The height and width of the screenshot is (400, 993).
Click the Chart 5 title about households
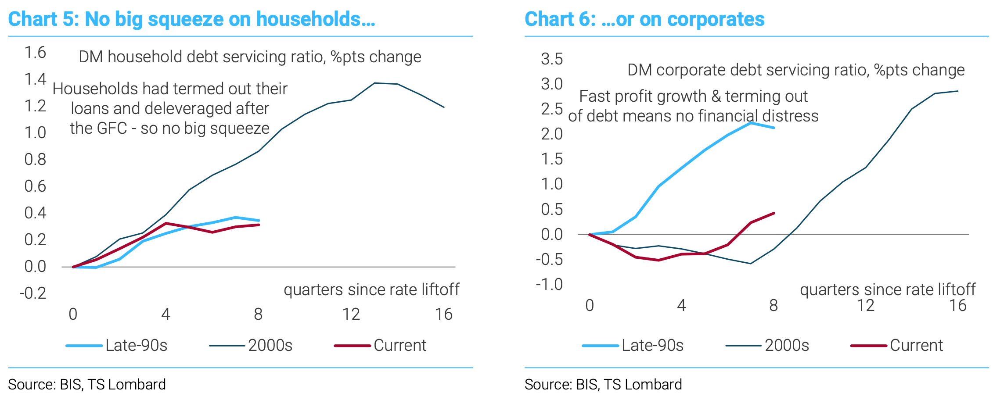point(191,19)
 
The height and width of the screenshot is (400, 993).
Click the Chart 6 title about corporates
point(644,19)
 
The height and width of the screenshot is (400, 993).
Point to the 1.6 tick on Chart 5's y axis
point(35,53)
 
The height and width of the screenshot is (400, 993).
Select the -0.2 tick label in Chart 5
point(33,293)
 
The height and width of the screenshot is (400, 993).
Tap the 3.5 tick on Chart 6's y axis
point(552,59)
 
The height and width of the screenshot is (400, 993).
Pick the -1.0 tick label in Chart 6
point(549,285)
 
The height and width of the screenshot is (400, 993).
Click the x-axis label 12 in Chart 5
point(351,314)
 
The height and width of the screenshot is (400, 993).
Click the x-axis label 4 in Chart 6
point(681,305)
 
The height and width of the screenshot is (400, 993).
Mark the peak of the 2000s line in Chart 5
point(374,83)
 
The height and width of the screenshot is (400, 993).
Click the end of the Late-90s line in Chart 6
point(774,128)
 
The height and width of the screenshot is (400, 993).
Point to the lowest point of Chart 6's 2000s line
point(751,264)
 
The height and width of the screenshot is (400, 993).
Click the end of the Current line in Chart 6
point(774,213)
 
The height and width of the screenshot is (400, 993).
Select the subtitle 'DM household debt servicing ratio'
point(250,57)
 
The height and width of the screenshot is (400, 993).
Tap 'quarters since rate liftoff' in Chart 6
point(887,290)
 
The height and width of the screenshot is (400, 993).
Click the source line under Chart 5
point(87,385)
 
